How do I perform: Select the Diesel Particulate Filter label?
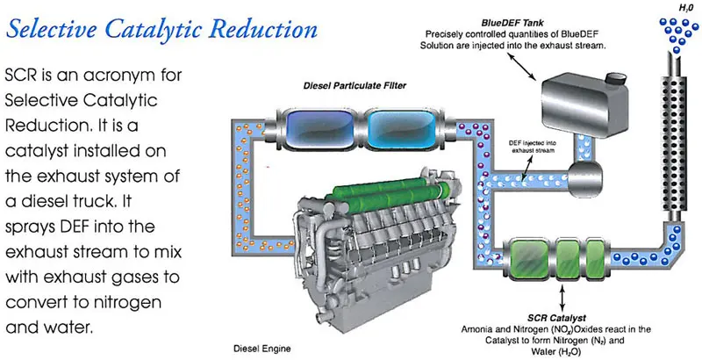[355, 85]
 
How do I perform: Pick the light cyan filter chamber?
[401, 129]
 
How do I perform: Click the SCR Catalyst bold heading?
[556, 319]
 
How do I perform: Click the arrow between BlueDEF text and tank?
[522, 66]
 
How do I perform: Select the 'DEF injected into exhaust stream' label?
[533, 147]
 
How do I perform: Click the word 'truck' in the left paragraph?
[98, 201]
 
